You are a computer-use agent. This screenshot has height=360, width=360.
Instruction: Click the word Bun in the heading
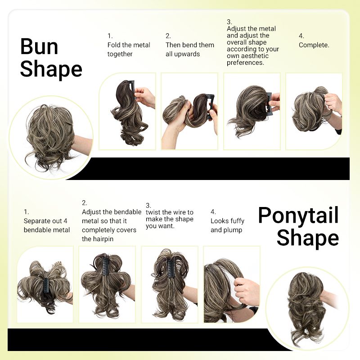39,47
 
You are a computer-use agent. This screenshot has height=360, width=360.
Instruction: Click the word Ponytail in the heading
298,216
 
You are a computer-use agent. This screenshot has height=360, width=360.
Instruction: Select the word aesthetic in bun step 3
255,56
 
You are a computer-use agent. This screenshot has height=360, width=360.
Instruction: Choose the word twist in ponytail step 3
153,212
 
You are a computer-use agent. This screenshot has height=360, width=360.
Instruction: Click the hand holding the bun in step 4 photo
333,103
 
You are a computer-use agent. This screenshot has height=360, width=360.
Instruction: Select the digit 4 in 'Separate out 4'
65,221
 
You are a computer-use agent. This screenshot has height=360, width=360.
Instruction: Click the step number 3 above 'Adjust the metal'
229,22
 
